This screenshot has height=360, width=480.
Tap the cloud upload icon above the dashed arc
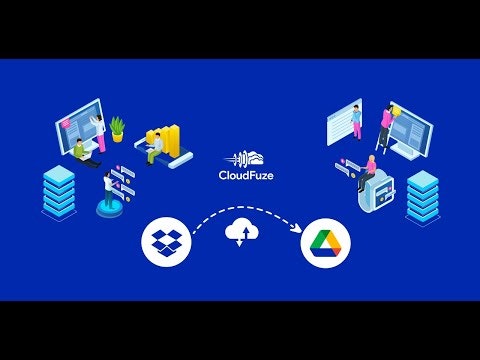tap(240, 231)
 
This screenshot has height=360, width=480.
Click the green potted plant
tap(118, 127)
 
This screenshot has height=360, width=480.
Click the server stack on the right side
tap(421, 195)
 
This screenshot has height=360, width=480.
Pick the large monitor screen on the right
tap(409, 130)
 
